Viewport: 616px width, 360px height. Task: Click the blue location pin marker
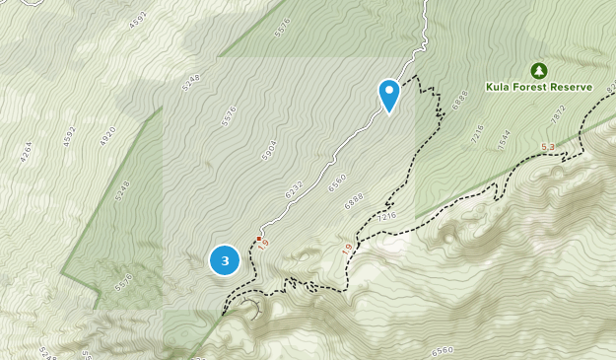389,95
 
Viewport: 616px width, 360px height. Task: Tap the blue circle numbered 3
225,260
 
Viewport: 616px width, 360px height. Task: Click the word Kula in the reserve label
499,87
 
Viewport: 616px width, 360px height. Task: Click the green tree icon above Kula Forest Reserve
538,70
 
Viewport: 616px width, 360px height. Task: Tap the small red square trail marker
259,239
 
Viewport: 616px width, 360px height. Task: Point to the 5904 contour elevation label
268,149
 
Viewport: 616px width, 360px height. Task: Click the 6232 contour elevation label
294,189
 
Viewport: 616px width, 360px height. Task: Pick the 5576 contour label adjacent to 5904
231,114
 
